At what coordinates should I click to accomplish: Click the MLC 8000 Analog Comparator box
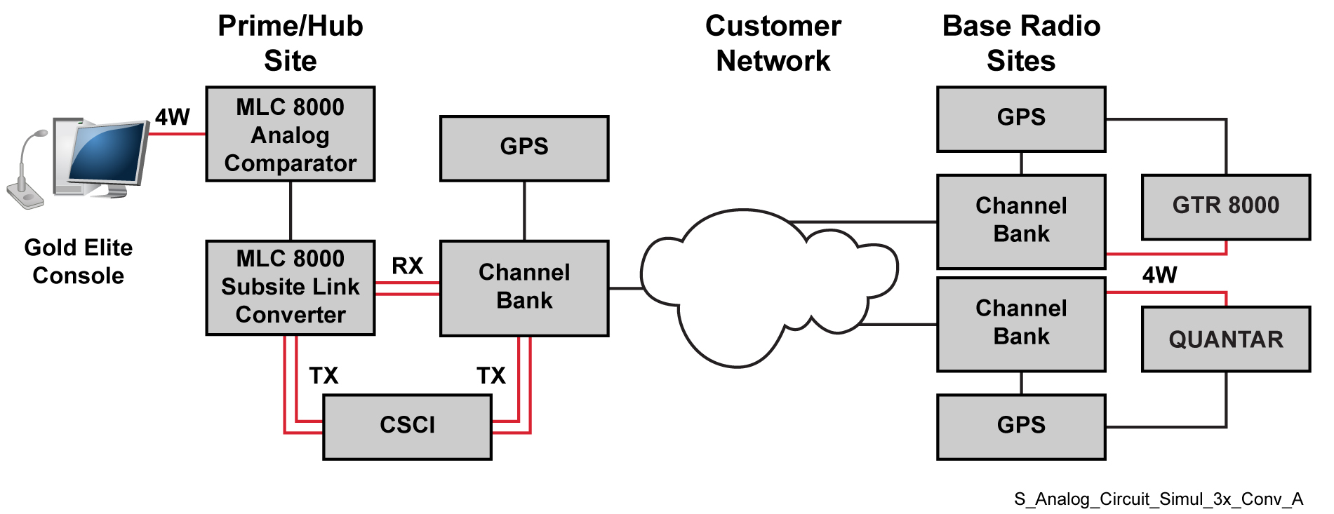(x=290, y=134)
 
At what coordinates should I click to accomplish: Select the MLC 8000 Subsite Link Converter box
(x=290, y=288)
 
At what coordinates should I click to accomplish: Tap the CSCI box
(x=407, y=426)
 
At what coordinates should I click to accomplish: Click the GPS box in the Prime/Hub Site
(x=523, y=148)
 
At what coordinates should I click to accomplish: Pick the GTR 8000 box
(x=1225, y=207)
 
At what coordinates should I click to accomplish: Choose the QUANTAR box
(x=1225, y=339)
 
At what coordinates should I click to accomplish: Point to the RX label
(x=407, y=266)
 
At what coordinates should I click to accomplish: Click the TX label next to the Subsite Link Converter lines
(x=324, y=376)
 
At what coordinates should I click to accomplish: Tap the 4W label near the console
(x=173, y=117)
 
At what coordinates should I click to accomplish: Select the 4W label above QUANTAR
(x=1159, y=275)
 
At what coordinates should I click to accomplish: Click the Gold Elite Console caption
(x=78, y=262)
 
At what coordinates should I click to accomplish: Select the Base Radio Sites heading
(x=1021, y=43)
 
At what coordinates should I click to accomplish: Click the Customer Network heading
(x=773, y=43)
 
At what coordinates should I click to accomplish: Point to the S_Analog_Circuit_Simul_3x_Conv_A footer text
(x=1158, y=499)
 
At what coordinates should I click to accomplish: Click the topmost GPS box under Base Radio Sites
(x=1021, y=119)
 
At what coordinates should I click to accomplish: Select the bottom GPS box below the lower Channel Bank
(x=1021, y=426)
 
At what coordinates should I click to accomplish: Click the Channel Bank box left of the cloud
(x=523, y=288)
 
